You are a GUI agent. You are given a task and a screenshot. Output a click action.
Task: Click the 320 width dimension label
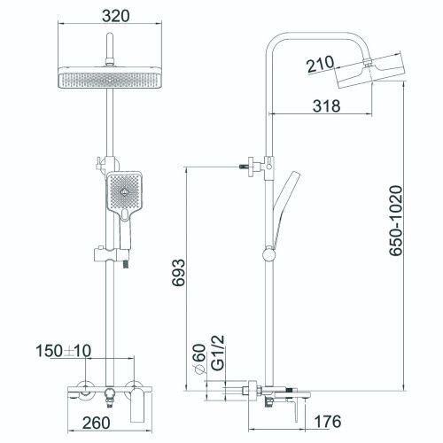116,16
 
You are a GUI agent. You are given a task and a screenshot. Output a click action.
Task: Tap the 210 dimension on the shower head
321,64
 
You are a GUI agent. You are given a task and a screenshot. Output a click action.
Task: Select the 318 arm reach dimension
327,105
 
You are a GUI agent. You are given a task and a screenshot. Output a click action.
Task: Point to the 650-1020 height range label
396,221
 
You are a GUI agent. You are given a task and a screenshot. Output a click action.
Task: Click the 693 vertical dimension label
178,272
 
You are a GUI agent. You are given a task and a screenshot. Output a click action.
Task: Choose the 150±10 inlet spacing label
64,351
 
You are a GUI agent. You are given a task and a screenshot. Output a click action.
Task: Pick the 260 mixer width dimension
97,423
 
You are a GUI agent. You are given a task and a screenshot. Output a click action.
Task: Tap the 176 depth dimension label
327,422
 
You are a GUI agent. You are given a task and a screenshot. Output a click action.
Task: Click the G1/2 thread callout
219,353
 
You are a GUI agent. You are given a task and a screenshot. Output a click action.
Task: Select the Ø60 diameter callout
200,359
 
